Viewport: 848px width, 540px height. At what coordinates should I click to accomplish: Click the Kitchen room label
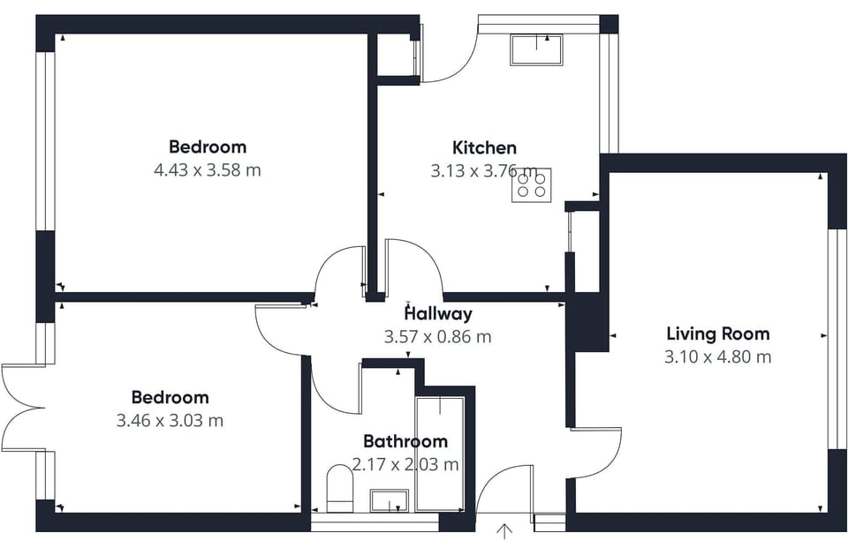(x=484, y=147)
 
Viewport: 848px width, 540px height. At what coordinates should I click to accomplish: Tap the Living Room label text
(x=717, y=334)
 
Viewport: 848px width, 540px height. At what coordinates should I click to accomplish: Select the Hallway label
(x=439, y=313)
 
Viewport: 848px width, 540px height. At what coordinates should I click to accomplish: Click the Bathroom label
(x=405, y=441)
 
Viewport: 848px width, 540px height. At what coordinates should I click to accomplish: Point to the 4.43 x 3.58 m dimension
(x=207, y=170)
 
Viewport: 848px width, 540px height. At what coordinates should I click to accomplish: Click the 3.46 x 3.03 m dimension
(x=170, y=421)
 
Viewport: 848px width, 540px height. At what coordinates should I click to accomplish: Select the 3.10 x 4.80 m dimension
(x=717, y=357)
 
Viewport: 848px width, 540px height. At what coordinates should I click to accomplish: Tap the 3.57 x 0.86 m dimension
(x=437, y=337)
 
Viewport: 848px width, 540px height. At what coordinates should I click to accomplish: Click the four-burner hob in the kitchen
(x=531, y=185)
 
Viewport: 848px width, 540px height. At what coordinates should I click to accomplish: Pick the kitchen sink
(x=536, y=49)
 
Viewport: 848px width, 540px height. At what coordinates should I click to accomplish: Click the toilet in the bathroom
(x=339, y=488)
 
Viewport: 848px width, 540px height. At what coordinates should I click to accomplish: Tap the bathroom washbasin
(x=390, y=500)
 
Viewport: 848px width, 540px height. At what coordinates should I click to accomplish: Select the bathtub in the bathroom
(x=440, y=454)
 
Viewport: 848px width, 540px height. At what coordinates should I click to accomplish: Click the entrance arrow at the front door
(x=504, y=531)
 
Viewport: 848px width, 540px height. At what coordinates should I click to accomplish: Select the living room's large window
(x=837, y=339)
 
